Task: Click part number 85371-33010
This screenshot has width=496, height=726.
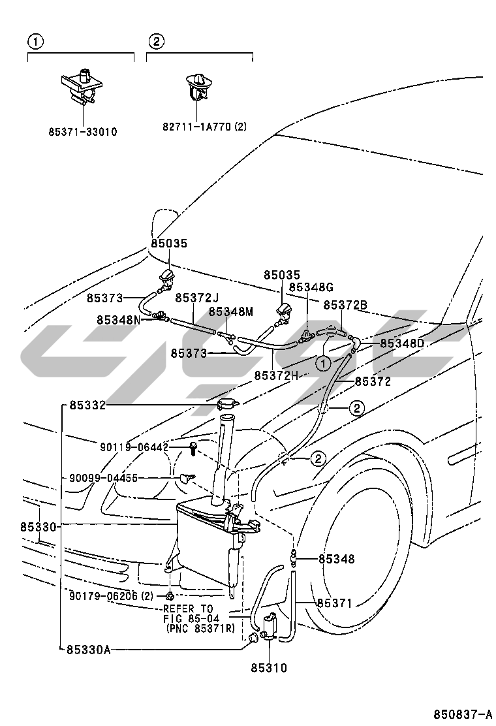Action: (82, 131)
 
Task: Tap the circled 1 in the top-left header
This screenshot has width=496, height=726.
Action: (35, 42)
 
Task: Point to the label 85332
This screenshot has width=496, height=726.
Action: (87, 405)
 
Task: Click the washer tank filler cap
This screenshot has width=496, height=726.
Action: (228, 405)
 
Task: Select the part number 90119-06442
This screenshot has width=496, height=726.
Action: (134, 447)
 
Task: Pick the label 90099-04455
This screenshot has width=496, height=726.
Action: (103, 478)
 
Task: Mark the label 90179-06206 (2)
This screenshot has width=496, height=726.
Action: (111, 595)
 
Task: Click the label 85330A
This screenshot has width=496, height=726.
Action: (88, 649)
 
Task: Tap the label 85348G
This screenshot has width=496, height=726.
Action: (311, 287)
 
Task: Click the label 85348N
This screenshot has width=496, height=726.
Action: (119, 320)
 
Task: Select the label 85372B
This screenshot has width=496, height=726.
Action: (345, 304)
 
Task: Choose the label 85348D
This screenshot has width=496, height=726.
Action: (402, 343)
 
